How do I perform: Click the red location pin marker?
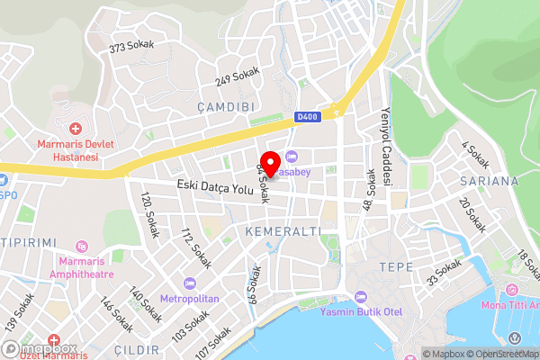(x=267, y=162)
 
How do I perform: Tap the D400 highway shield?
(x=305, y=117)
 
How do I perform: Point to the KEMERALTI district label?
(x=283, y=231)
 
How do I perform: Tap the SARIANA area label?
(x=489, y=181)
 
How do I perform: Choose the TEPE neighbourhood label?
(x=396, y=267)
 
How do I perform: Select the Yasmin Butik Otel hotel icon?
(x=361, y=297)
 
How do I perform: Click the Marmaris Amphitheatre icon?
(x=83, y=246)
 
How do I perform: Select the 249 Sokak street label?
(x=237, y=77)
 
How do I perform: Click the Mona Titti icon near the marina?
(x=511, y=290)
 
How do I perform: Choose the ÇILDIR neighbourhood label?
(x=138, y=349)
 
